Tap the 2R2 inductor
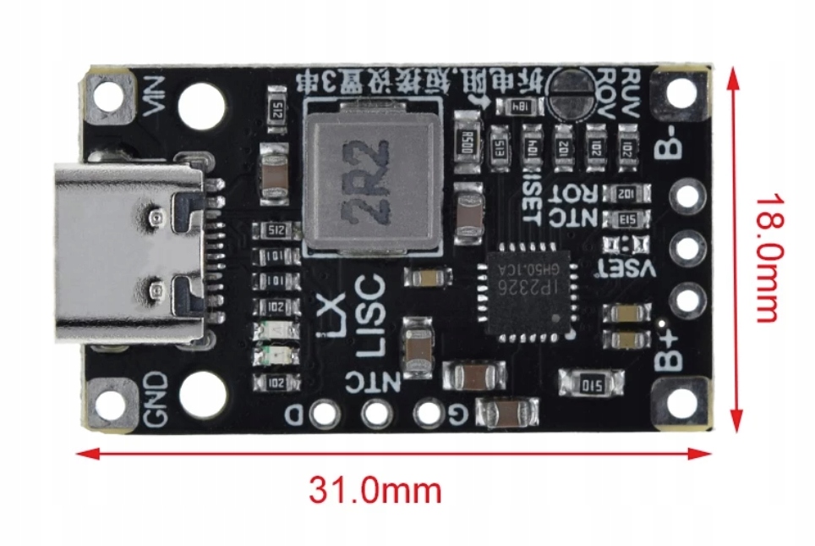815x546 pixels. (373, 181)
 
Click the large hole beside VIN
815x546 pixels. (202, 105)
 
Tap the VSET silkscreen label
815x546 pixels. (630, 269)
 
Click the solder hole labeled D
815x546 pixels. (322, 414)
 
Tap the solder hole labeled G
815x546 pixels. (429, 414)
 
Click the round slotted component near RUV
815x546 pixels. (569, 91)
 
